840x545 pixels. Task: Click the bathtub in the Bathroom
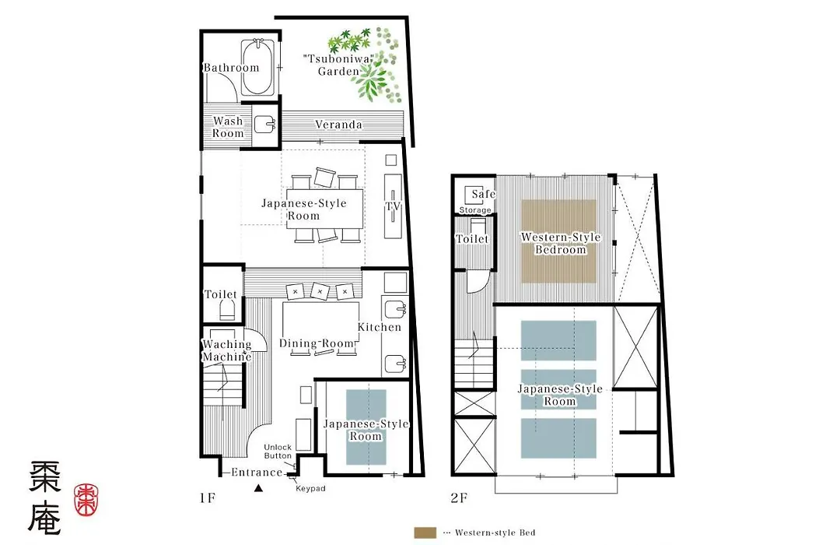coord(257,67)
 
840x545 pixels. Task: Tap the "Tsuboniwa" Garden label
coord(338,65)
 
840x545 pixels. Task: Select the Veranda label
coord(338,125)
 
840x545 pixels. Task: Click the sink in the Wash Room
coord(264,125)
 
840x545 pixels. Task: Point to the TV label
coord(393,206)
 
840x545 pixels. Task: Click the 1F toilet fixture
coord(227,310)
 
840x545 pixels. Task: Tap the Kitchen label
coord(380,327)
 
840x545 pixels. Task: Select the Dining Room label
coord(317,343)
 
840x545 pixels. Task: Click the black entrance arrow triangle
coord(258,487)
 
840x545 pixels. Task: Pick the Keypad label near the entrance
coord(310,489)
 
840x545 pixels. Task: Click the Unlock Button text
coord(278,451)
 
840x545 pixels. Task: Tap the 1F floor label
coord(208,498)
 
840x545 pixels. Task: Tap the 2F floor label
coord(459,498)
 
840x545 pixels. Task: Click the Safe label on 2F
coord(483,194)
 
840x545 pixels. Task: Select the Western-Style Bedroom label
coord(560,243)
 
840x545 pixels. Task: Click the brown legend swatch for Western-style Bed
coord(425,533)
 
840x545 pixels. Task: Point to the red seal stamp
coord(86,499)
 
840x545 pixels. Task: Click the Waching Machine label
coord(226,350)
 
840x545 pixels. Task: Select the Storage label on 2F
coord(474,210)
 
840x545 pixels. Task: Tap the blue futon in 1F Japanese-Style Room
coord(366,427)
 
